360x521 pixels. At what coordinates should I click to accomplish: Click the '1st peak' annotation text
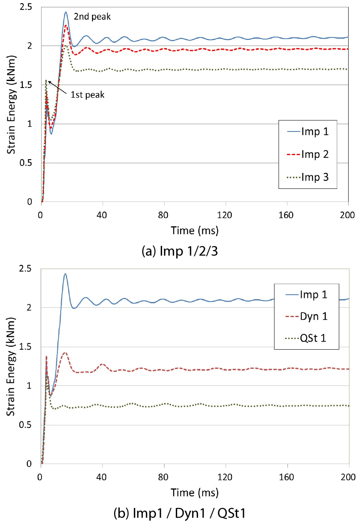(88, 95)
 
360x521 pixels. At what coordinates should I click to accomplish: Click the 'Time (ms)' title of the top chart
(195, 231)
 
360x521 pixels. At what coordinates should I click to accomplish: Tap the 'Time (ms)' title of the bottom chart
(195, 493)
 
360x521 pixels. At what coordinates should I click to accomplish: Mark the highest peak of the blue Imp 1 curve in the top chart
(66, 12)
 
